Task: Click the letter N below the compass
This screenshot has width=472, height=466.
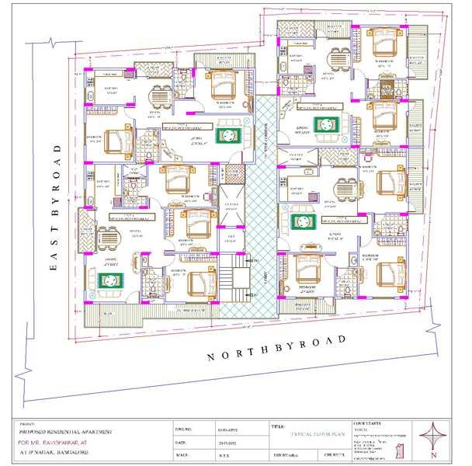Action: tap(436, 457)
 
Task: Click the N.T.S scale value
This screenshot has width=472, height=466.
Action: tap(222, 454)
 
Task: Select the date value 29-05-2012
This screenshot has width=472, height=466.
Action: tap(224, 441)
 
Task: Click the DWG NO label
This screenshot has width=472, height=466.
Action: tap(183, 429)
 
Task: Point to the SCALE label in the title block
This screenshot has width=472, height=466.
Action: tap(183, 454)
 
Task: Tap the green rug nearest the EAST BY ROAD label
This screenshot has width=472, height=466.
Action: tap(106, 279)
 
